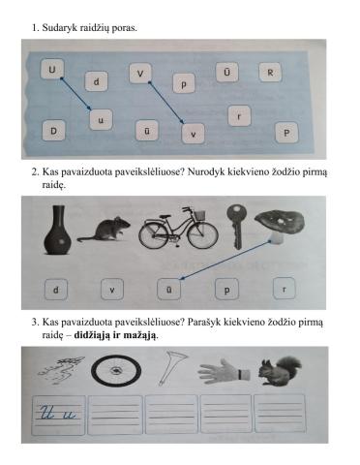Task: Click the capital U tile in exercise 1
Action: (x=51, y=68)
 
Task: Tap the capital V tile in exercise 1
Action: (x=141, y=73)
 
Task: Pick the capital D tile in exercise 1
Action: (x=54, y=130)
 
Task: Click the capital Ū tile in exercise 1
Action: (x=226, y=73)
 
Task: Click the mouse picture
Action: (x=102, y=231)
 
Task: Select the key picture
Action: (x=233, y=228)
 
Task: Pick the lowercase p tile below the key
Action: (x=228, y=289)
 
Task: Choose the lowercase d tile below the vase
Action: (x=57, y=289)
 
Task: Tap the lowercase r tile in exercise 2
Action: (x=284, y=289)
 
